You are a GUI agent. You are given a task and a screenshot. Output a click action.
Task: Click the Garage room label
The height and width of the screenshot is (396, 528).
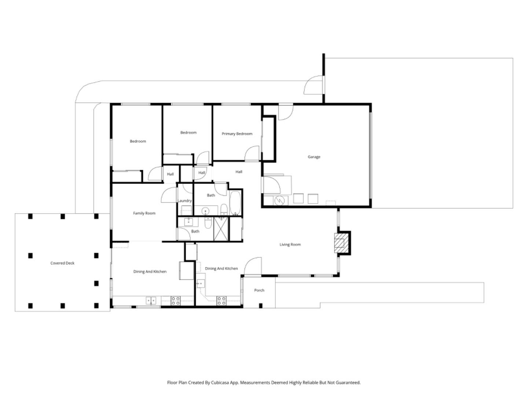(x=314, y=157)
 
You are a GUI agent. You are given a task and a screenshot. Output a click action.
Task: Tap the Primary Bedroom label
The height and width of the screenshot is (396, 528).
(x=237, y=134)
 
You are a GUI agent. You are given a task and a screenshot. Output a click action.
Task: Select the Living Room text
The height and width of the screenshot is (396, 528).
(x=290, y=245)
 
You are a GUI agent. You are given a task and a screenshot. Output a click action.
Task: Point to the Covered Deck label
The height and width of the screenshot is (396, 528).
(x=62, y=263)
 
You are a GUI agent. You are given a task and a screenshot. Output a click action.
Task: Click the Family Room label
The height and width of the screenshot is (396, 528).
(x=144, y=213)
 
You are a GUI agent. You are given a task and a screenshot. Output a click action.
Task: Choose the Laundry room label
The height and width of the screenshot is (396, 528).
(x=184, y=201)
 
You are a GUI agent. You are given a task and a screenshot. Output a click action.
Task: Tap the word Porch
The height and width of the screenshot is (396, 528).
(x=259, y=290)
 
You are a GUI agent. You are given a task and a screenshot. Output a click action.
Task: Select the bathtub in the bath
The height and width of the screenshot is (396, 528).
(x=235, y=203)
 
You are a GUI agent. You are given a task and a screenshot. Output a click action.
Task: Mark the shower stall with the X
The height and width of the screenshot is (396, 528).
(x=221, y=229)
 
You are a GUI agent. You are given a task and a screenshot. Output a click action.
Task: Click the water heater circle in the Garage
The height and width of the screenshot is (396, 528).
(x=280, y=200)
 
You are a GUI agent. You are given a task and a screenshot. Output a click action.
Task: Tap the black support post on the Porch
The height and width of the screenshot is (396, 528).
(x=261, y=305)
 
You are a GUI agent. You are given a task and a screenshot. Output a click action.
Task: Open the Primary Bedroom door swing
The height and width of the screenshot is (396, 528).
(x=253, y=153)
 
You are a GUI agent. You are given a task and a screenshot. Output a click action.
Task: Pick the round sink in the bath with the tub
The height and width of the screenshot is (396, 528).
(x=206, y=211)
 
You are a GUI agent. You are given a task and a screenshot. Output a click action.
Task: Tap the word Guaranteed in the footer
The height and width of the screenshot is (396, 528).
(x=348, y=382)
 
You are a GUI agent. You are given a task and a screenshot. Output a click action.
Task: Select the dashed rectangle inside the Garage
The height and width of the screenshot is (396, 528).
(x=331, y=202)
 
